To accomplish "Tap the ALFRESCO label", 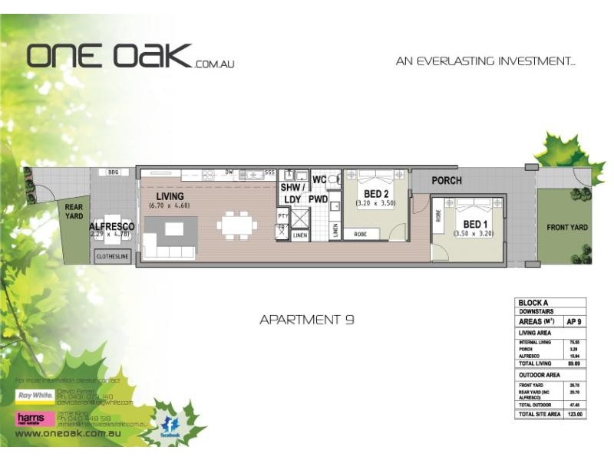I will click(x=112, y=227).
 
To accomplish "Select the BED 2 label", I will click(x=375, y=194).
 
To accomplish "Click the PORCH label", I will click(x=446, y=181).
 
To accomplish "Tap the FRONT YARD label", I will click(x=566, y=228).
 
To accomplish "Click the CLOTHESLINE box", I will click(x=114, y=258).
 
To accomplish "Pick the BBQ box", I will click(x=114, y=172).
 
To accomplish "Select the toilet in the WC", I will click(x=332, y=179).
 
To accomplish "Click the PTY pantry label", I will click(x=282, y=217).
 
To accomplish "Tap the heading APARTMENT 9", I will click(x=306, y=320).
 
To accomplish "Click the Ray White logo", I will click(x=34, y=396).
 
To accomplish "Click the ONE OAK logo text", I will click(x=109, y=56).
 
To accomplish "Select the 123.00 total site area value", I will click(x=574, y=414).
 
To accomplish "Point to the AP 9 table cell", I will click(x=574, y=322).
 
